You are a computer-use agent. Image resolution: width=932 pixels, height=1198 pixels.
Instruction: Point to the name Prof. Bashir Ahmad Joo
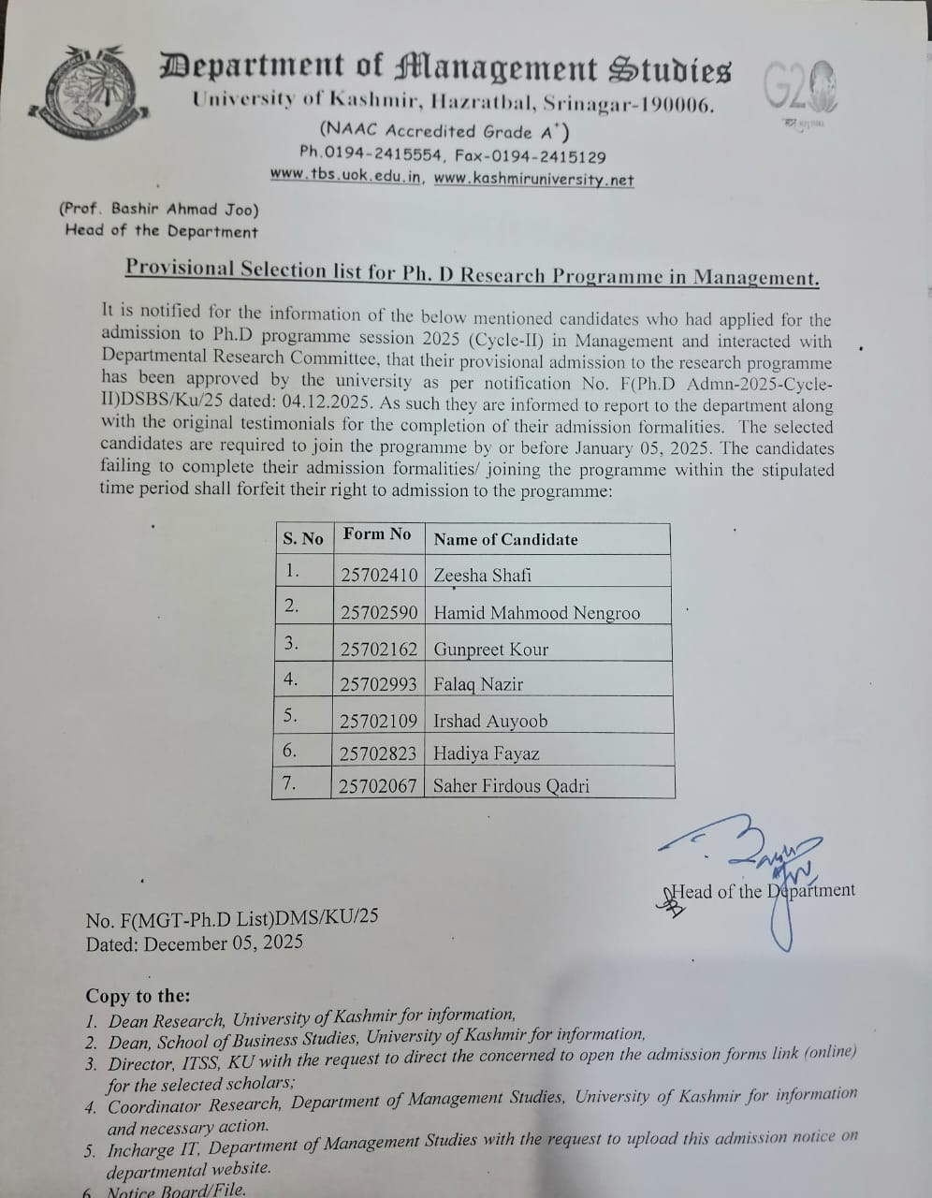pos(159,210)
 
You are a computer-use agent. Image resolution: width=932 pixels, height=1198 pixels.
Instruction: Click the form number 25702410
pos(379,575)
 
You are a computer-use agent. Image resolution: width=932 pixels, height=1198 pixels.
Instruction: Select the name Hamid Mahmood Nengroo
pos(537,613)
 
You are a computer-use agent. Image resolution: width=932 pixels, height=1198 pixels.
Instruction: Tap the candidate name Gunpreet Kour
pos(491,649)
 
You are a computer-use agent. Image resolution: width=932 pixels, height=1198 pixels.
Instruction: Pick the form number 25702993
pos(378,684)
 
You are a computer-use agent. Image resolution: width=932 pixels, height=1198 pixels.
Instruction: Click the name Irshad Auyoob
pos(490,721)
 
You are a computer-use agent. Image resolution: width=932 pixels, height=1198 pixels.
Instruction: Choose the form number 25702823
pos(378,753)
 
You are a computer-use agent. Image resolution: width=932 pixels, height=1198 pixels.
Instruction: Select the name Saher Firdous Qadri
pos(511,786)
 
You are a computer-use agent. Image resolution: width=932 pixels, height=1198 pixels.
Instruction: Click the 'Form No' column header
pos(377,534)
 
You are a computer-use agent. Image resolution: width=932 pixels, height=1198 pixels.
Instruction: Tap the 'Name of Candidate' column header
pos(505,539)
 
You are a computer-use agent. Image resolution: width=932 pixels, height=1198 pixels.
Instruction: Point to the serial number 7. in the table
pos(290,783)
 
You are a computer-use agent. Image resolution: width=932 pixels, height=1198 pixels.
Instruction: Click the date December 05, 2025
pos(223,942)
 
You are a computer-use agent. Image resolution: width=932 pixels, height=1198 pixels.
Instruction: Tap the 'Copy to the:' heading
pos(138,996)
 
